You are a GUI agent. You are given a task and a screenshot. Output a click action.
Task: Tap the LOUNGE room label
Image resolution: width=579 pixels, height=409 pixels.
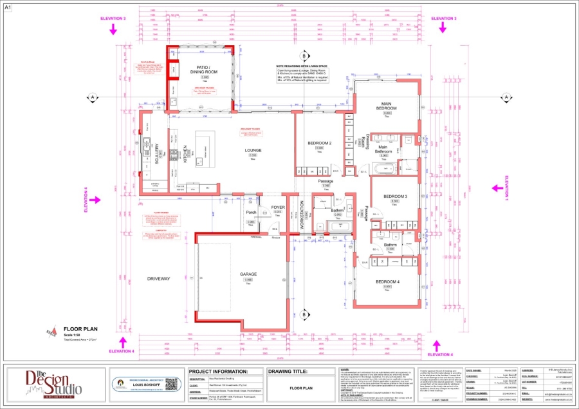coord(253,150)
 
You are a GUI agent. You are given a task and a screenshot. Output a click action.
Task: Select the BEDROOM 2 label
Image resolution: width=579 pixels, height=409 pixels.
coord(319,143)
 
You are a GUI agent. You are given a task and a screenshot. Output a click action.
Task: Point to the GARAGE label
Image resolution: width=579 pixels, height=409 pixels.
coord(248,274)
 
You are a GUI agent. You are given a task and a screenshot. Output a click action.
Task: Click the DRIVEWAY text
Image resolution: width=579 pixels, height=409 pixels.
coord(158,279)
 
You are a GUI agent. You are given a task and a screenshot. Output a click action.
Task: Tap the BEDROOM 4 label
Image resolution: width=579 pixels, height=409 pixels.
coord(387,282)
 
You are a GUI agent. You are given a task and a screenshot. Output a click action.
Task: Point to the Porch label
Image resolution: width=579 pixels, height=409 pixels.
coord(252,213)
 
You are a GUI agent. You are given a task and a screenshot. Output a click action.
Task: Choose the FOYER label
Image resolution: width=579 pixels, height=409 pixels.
coord(278,207)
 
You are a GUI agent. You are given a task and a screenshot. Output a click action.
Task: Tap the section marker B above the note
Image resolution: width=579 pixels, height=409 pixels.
coord(305,57)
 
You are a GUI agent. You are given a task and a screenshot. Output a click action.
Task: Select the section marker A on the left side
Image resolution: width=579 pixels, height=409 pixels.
coord(93,97)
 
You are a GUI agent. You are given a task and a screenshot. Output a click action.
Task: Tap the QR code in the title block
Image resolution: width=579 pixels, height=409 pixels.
coord(170,384)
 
